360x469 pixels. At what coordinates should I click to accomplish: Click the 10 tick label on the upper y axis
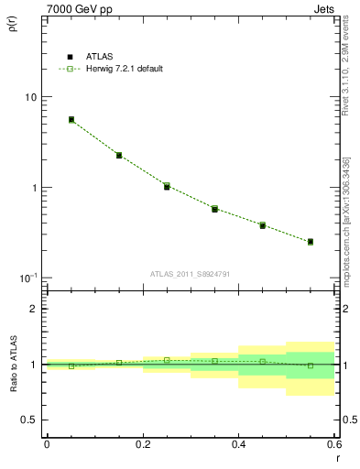point(30,97)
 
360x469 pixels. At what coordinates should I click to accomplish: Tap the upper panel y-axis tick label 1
point(34,188)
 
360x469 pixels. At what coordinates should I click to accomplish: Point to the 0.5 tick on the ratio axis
point(29,420)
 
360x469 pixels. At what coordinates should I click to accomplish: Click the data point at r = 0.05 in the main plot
point(71,119)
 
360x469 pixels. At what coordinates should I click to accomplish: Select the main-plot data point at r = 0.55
point(311,242)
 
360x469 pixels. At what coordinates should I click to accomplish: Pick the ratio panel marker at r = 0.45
point(262,361)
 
